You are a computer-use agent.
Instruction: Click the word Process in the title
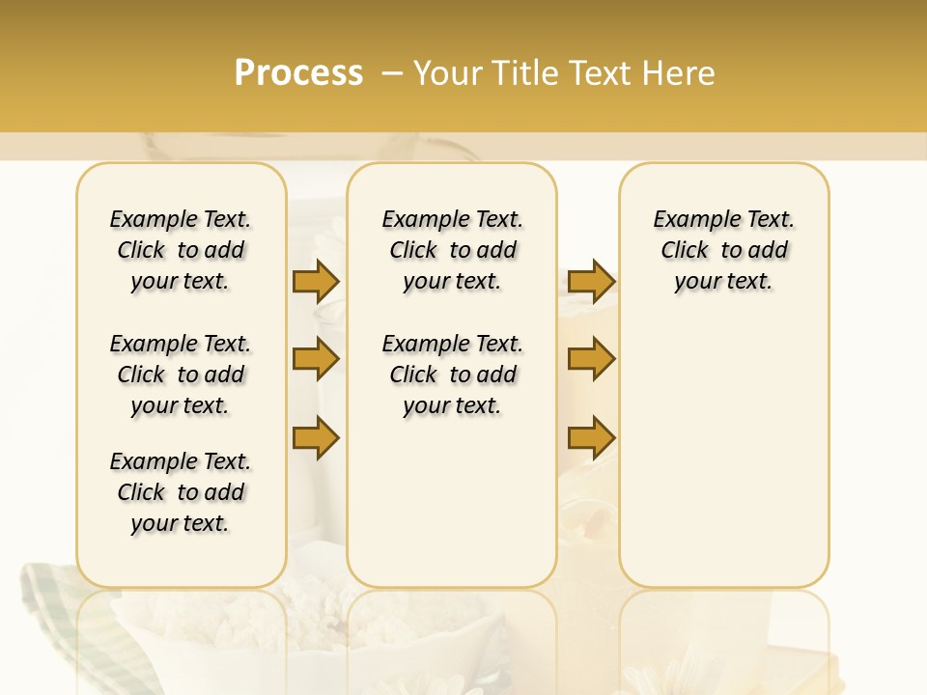[x=298, y=73]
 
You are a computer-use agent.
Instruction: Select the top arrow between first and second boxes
[x=316, y=281]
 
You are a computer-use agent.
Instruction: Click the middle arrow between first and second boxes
[x=316, y=360]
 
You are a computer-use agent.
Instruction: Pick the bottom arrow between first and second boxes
[x=316, y=438]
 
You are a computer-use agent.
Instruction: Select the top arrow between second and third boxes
[x=591, y=281]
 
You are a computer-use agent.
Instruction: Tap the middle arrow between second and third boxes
[x=591, y=360]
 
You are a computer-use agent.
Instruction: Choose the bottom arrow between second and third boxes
[x=591, y=438]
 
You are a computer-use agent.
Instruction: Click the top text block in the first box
[x=181, y=250]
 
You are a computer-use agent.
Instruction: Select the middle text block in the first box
[x=181, y=375]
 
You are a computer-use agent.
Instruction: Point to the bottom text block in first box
[x=181, y=492]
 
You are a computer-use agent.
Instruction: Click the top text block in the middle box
[x=452, y=250]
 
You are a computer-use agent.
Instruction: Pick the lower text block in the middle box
[x=452, y=375]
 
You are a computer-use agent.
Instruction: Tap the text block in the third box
[x=723, y=250]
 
